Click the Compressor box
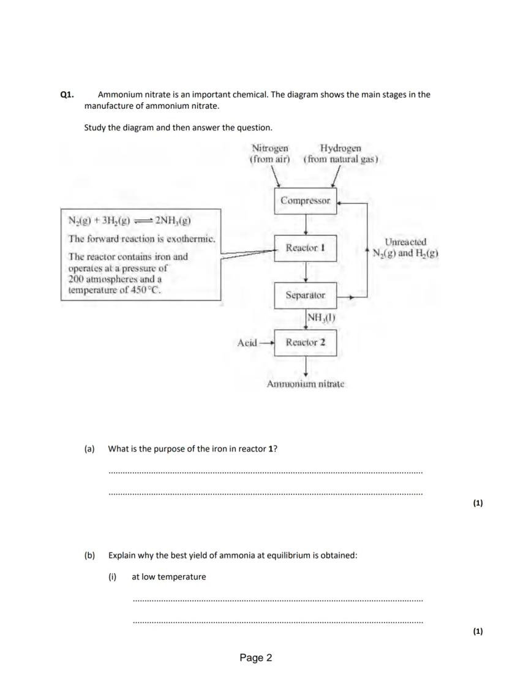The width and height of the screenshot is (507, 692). tap(306, 201)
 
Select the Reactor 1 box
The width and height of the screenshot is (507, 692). tap(306, 248)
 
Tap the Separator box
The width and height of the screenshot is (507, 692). tap(306, 295)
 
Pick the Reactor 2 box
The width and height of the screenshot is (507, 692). tap(306, 342)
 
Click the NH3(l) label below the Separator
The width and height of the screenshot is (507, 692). tap(321, 318)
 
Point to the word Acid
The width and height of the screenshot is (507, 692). tap(247, 343)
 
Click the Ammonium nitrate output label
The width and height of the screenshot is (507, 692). tap(306, 384)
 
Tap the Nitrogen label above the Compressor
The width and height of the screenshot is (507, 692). tap(270, 148)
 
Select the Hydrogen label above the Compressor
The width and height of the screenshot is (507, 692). tap(340, 148)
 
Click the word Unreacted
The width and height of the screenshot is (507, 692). tap(405, 242)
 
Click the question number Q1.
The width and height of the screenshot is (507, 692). tap(67, 95)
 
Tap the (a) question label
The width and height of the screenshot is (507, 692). tap(89, 448)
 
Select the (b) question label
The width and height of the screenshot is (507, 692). tap(90, 556)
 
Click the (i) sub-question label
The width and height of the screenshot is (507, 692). tap(113, 576)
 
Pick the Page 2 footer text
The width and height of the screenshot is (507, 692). tap(256, 658)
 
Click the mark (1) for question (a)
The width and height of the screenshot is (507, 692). tap(478, 503)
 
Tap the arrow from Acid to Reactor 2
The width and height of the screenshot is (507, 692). tap(266, 343)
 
